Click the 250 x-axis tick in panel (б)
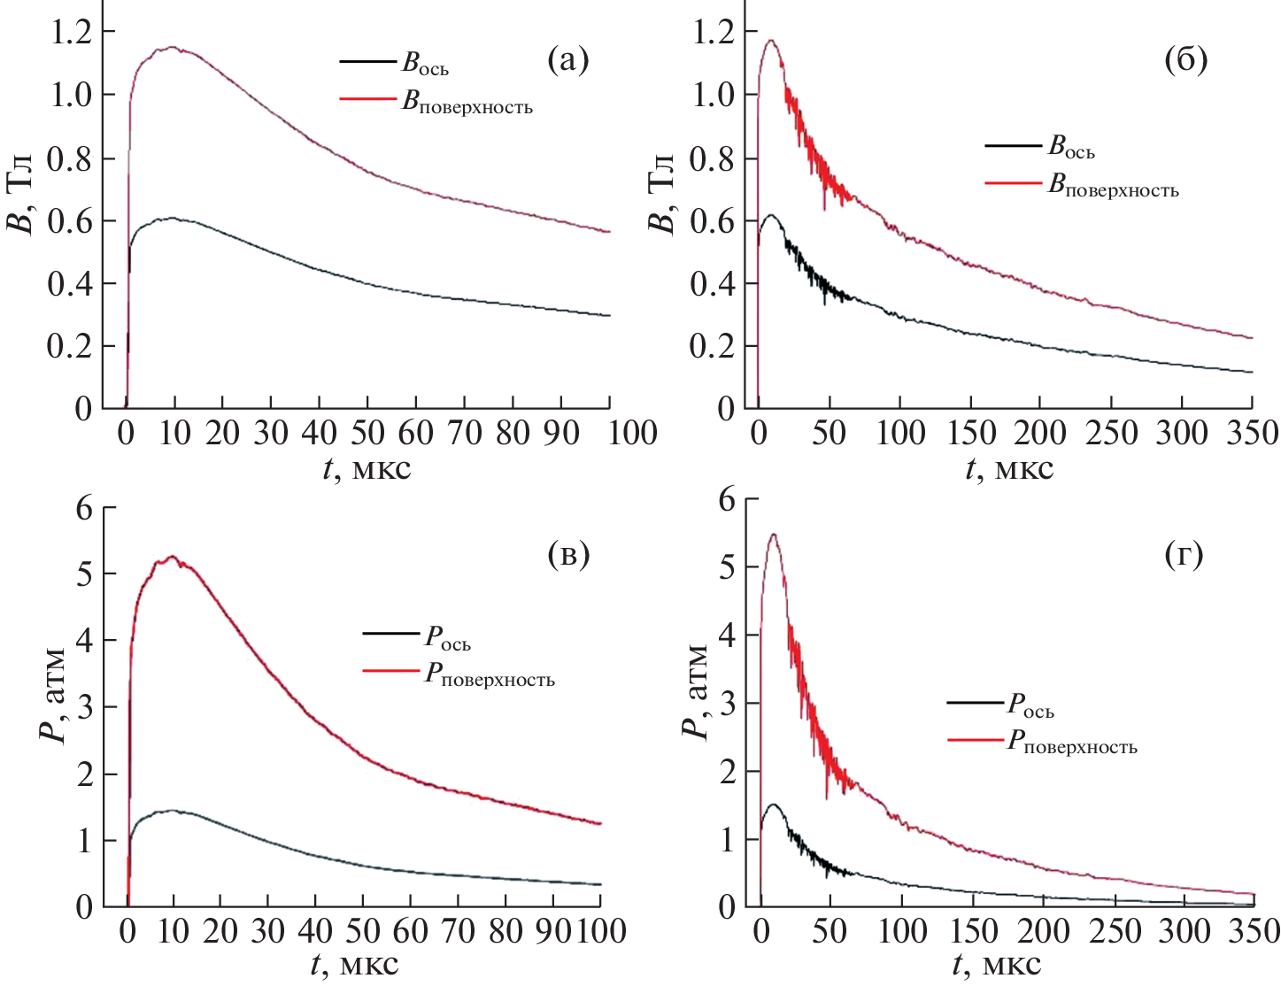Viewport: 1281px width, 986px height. [1113, 433]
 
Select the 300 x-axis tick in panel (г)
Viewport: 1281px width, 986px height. [1185, 931]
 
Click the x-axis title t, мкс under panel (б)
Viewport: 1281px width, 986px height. [1009, 467]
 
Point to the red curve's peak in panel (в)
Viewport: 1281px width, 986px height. [173, 557]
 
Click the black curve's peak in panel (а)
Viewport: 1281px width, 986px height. [173, 218]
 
